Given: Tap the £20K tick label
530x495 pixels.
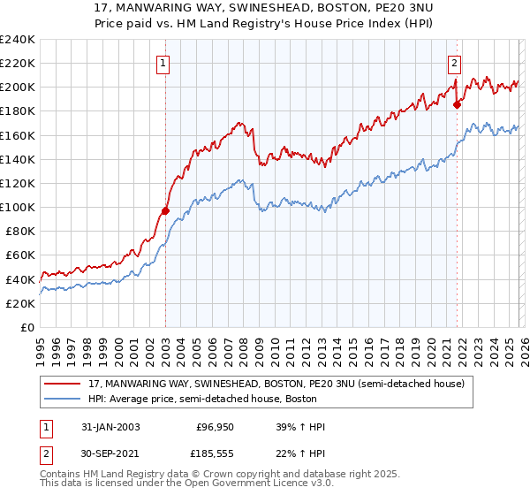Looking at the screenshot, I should tap(19, 303).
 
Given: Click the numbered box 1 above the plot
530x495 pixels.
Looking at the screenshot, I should tap(164, 63).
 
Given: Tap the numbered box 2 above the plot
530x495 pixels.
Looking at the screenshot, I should tap(454, 63).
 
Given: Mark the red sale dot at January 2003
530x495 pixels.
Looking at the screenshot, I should tap(165, 211).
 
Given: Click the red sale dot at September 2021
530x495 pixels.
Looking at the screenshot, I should tap(457, 104).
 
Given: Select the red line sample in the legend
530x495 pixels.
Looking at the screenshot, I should tap(64, 384).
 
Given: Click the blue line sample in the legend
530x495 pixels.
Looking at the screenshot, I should tap(64, 399).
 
